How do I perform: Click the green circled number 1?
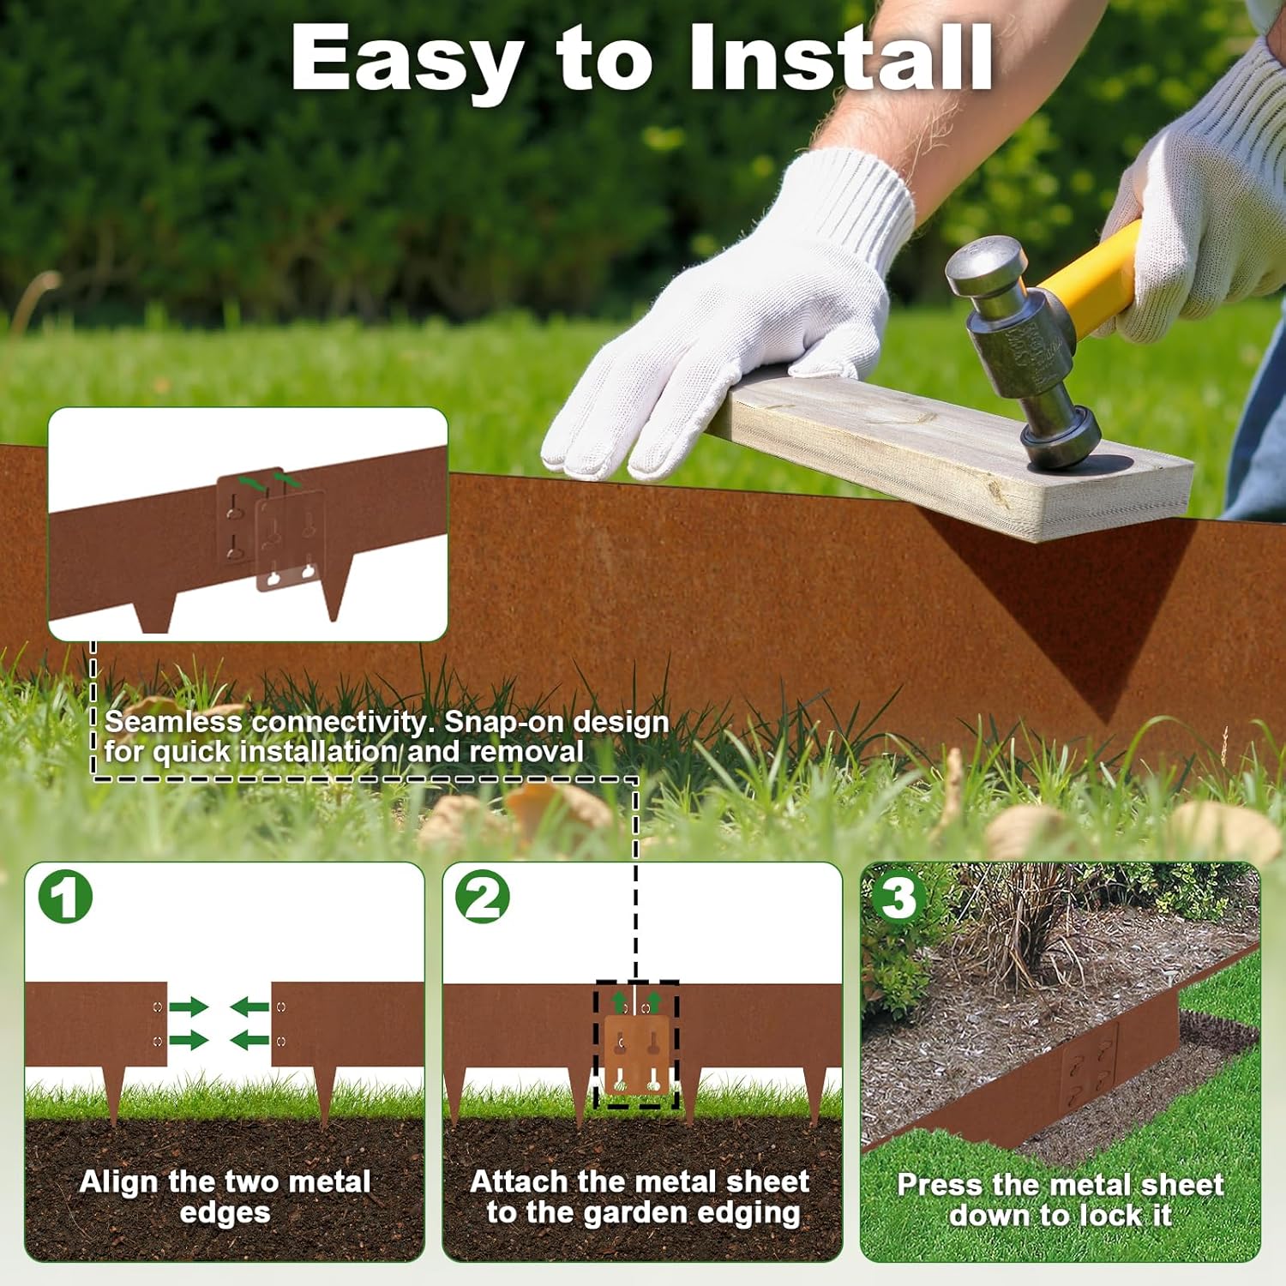coord(65,897)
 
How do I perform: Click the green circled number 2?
coord(483,897)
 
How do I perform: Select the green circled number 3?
coord(898,897)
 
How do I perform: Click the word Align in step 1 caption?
coord(119,1182)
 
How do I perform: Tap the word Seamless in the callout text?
coord(173,722)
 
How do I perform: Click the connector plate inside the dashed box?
coord(636,1055)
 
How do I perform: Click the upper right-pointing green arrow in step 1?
coord(189,1007)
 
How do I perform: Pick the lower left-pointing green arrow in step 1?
coord(249,1041)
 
